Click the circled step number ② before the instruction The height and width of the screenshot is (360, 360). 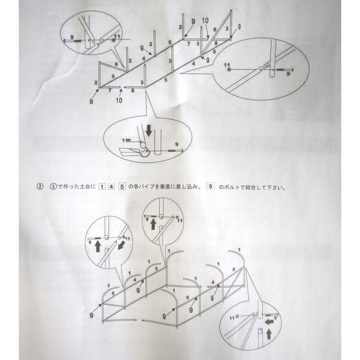(x=40, y=186)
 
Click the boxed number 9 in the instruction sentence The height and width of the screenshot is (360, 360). (x=210, y=186)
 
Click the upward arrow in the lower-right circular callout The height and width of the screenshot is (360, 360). (x=267, y=332)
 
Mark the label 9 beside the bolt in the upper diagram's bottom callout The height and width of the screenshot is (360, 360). (x=176, y=144)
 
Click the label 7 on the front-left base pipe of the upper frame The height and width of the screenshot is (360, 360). (x=110, y=91)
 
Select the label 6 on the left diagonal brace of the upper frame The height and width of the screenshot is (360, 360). (x=116, y=64)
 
